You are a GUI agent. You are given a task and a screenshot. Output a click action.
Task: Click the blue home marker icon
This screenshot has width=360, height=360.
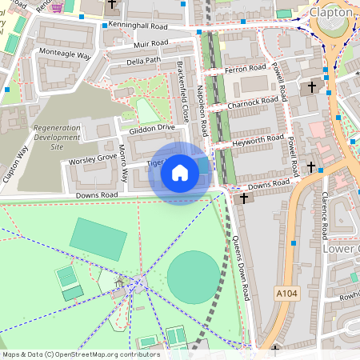coord(180,173)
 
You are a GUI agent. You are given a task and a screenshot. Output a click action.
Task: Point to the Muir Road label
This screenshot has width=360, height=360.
coord(150,43)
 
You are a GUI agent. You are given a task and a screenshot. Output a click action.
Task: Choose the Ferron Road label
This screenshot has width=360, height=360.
coord(245,70)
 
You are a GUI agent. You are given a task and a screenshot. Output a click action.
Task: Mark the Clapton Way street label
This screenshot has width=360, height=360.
coord(15,164)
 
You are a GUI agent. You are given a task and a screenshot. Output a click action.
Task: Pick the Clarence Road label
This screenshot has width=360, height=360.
coord(325,215)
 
